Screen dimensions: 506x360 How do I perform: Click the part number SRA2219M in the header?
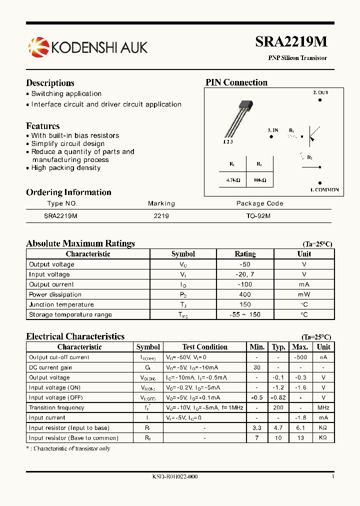(x=291, y=43)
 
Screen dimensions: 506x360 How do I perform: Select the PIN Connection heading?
(x=236, y=82)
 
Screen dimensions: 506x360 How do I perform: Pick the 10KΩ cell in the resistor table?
(x=259, y=179)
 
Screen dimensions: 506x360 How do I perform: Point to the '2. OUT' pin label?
(x=320, y=92)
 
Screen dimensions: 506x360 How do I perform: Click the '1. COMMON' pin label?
(x=324, y=190)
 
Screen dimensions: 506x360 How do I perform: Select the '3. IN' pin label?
(x=272, y=130)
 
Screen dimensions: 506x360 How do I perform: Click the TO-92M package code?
(x=258, y=216)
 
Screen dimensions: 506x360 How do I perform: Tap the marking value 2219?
(x=161, y=216)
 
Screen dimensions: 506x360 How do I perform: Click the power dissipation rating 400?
(x=244, y=294)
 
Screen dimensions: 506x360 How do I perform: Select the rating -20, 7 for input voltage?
(x=244, y=274)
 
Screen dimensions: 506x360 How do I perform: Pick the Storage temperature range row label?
(x=70, y=314)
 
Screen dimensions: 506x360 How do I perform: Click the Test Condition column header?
(x=204, y=347)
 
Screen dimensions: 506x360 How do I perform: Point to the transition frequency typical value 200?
(x=278, y=407)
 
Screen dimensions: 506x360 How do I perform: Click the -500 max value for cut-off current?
(x=300, y=357)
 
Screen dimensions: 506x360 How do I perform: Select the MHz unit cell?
(x=323, y=407)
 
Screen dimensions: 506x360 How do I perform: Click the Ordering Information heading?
(x=68, y=192)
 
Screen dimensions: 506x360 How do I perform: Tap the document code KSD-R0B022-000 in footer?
(x=175, y=477)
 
